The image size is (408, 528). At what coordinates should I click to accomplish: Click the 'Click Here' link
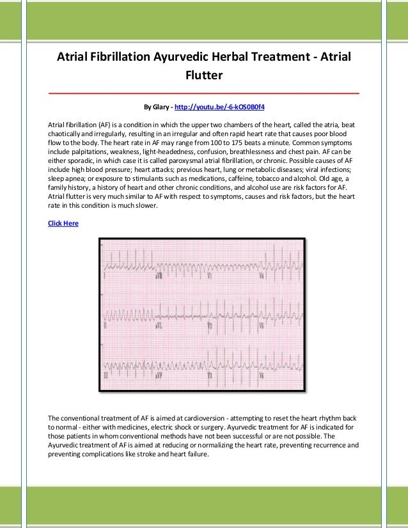[63, 222]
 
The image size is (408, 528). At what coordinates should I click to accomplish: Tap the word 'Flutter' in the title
[203, 75]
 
